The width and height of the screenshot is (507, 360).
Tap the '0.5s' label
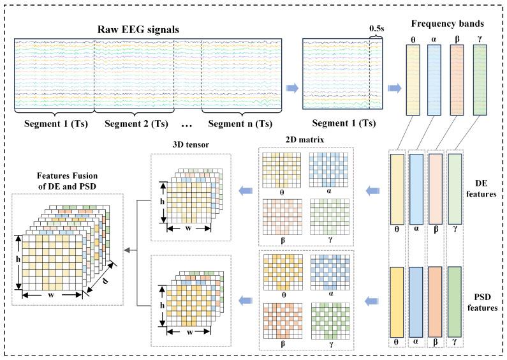(x=376, y=29)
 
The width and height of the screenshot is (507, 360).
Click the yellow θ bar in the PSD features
(x=397, y=300)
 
